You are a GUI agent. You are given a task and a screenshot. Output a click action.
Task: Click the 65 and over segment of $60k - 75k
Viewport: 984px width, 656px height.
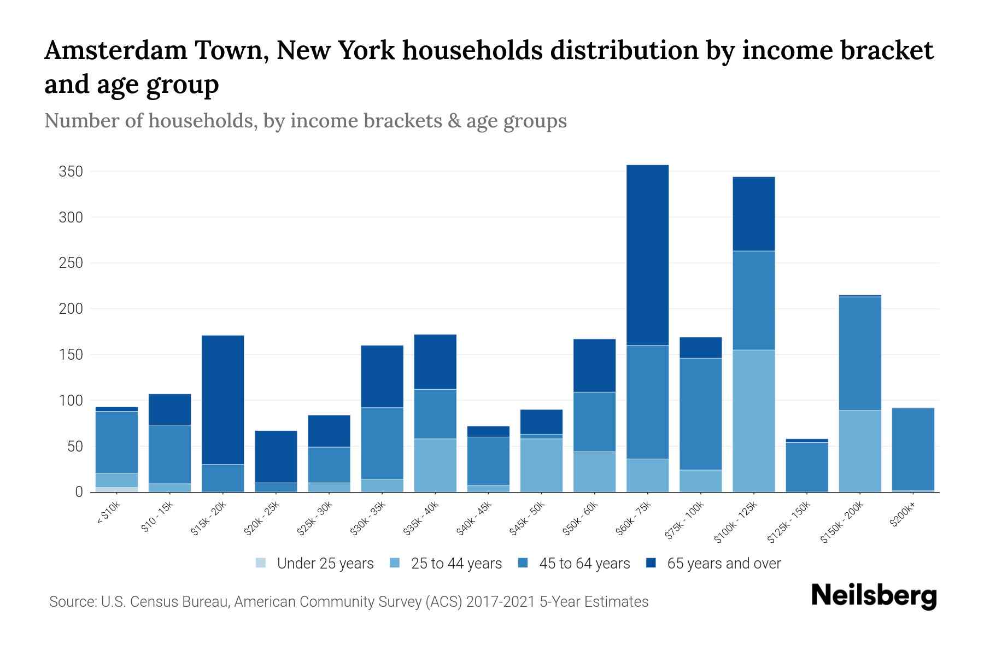coord(647,255)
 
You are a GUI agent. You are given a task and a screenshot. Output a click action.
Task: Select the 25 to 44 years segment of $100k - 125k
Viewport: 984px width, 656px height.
coord(753,421)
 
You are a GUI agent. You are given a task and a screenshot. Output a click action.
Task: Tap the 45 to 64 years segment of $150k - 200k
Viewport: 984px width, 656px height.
coord(859,353)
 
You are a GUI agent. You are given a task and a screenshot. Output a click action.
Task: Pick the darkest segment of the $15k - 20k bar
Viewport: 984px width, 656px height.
coord(222,400)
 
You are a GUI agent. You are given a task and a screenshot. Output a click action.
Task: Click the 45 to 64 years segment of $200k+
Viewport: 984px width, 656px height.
coord(912,449)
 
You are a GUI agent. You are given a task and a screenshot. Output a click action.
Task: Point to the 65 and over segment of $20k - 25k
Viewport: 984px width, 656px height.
coord(276,456)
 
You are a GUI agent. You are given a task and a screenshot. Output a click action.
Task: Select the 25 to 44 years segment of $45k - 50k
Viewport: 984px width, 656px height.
coord(541,465)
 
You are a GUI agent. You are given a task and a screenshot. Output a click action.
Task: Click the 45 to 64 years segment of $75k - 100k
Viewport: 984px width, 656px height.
coord(700,414)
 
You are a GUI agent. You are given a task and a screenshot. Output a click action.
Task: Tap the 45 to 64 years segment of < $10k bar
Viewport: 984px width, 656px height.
coord(116,442)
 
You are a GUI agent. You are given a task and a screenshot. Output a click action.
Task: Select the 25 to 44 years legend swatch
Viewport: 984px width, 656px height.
coord(395,563)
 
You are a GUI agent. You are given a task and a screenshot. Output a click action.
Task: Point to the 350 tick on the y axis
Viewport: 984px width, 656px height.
coord(71,172)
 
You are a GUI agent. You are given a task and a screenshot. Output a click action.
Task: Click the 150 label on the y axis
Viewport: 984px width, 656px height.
coord(71,355)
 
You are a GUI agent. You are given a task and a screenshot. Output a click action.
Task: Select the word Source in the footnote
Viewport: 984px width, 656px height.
coord(72,602)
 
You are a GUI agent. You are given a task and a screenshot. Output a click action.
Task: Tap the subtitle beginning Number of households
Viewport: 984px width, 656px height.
coord(305,121)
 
